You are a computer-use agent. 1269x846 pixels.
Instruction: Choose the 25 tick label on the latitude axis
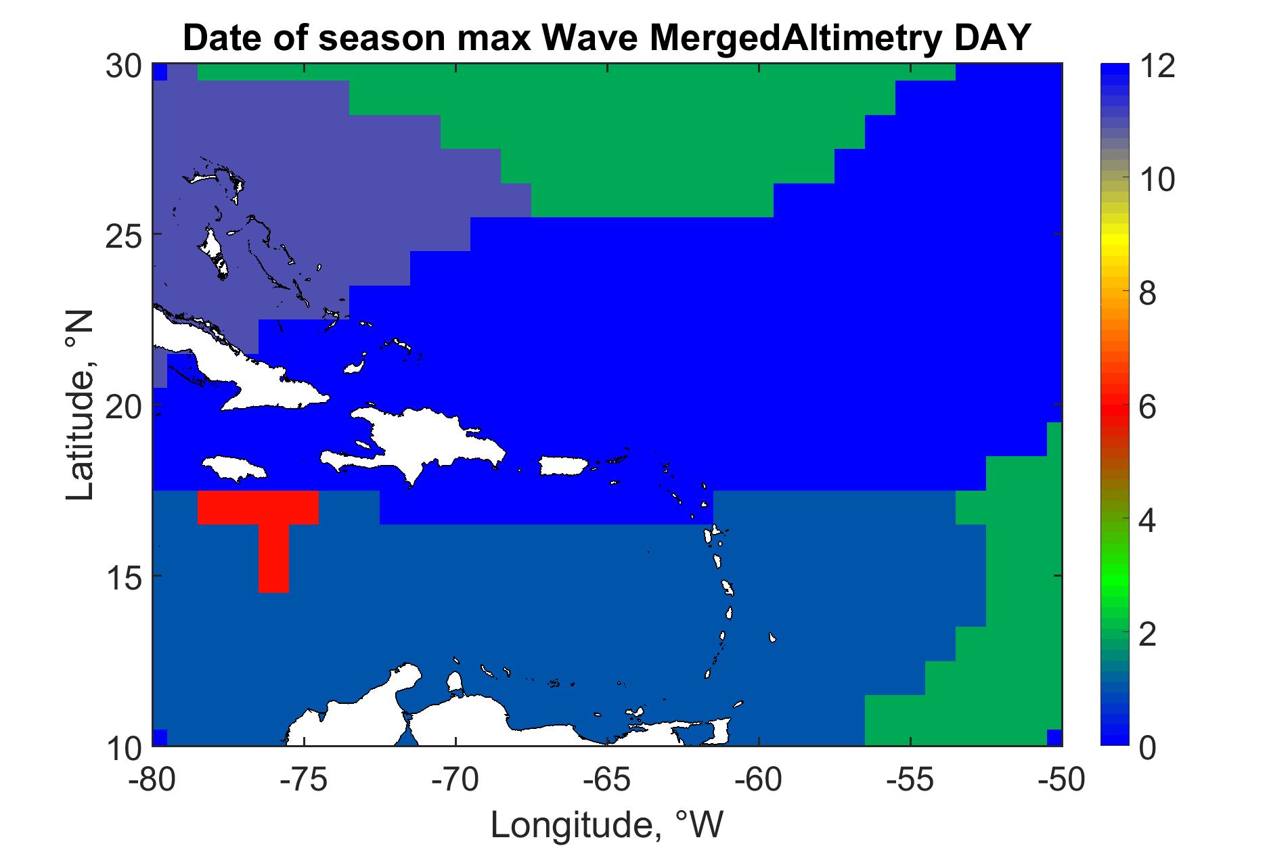124,234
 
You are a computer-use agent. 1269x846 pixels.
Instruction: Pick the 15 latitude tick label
124,576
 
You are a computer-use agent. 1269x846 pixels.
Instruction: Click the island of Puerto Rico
566,466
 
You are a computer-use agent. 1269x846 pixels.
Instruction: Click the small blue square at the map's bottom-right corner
1054,737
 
